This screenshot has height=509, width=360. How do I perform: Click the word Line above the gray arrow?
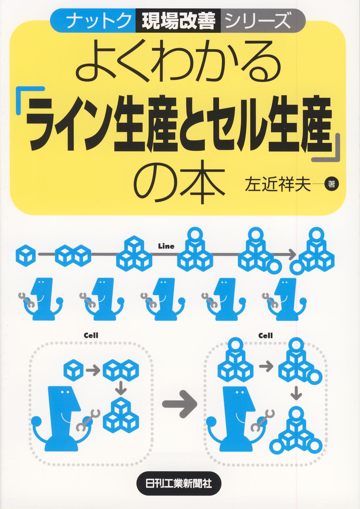[166, 246]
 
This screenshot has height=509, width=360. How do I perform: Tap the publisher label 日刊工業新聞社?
[179, 483]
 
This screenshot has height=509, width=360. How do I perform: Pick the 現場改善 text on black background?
[178, 21]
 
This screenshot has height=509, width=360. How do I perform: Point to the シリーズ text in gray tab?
[258, 21]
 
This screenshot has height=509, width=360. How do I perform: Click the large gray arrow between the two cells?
[180, 404]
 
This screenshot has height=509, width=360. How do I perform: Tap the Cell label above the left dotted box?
[91, 336]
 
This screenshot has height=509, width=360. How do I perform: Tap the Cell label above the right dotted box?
[266, 336]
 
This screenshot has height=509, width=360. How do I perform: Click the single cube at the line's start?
[26, 255]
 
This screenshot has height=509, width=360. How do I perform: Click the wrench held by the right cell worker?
[262, 420]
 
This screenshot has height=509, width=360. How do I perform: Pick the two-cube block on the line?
[73, 255]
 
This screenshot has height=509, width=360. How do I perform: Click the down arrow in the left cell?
[121, 388]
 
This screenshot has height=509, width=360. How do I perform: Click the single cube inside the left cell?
[73, 370]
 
